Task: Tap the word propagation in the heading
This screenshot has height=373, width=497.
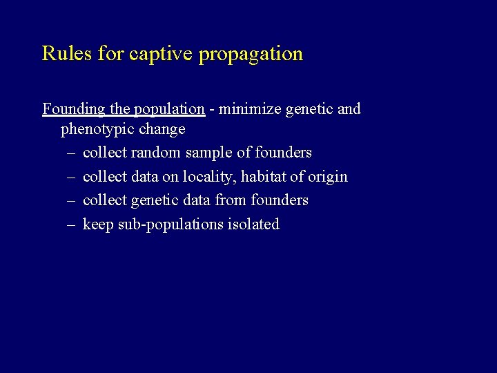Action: [x=251, y=54]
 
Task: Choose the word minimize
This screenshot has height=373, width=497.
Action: [x=248, y=109]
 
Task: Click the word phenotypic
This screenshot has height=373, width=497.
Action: [x=96, y=129]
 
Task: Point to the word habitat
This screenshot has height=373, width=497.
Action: [x=264, y=177]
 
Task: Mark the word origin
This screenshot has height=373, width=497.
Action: [x=328, y=177]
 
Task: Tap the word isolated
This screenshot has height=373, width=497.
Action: [x=253, y=224]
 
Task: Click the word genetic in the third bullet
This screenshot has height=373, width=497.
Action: [x=154, y=200]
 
